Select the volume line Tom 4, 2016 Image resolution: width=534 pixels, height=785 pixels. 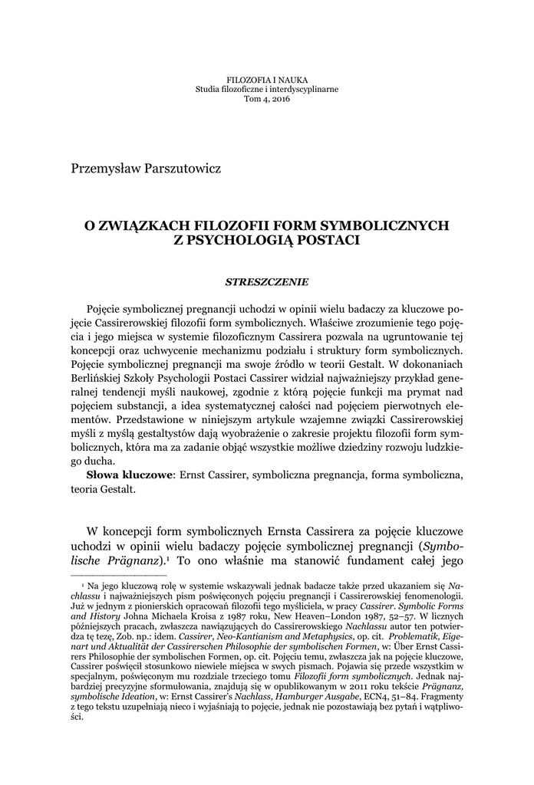267,99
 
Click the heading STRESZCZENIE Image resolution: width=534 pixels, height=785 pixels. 266,282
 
